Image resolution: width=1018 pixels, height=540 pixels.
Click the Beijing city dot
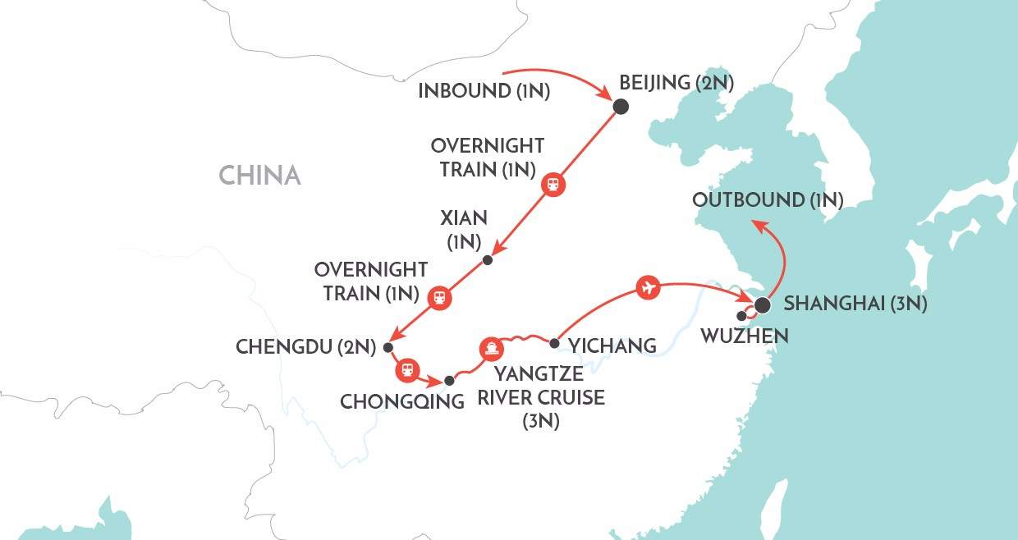pos(621,106)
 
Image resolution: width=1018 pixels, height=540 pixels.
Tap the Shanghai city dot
pos(762,306)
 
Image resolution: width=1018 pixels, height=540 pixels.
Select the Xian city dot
pos(488,260)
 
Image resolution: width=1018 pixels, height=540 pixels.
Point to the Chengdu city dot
pos(388,346)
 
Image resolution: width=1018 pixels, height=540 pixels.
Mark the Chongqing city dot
pos(449,381)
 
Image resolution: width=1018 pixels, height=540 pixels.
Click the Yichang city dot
pos(554,344)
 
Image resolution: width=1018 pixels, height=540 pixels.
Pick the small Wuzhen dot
pos(742,315)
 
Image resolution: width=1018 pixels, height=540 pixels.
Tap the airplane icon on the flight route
pos(649,287)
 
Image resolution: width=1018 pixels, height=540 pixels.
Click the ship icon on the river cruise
pos(490,349)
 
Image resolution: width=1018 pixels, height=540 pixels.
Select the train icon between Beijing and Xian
pos(553,185)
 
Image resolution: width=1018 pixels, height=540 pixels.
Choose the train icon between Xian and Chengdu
pos(440,297)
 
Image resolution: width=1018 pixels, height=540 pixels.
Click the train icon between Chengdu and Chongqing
pos(407,370)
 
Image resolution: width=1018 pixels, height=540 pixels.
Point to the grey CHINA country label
pos(259,175)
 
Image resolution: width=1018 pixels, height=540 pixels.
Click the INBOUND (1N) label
pos(484,90)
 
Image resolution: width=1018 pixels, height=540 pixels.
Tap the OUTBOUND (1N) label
pos(768,200)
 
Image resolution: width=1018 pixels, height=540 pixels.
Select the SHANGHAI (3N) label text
pos(855,304)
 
